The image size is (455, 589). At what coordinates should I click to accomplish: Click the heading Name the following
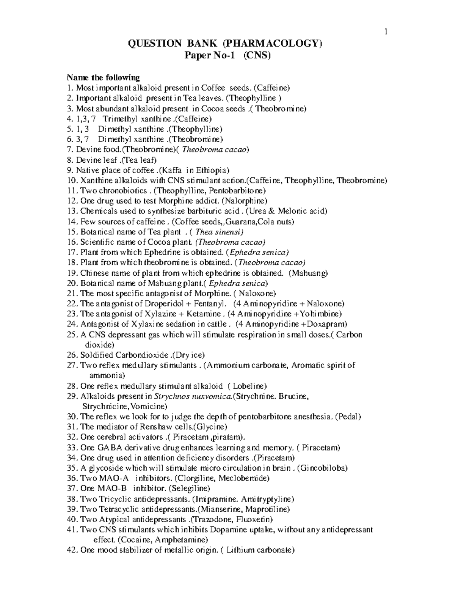pyautogui.click(x=103, y=78)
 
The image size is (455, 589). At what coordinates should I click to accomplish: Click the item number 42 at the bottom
pyautogui.click(x=72, y=550)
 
